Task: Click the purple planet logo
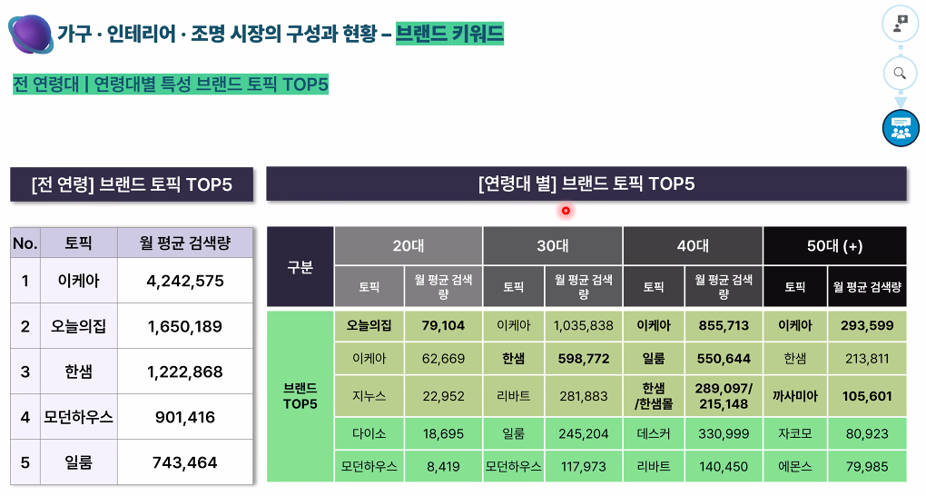coord(31,35)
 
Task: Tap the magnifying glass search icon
coord(900,74)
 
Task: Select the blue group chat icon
coord(900,127)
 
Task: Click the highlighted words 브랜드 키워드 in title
coord(449,35)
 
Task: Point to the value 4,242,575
coord(185,281)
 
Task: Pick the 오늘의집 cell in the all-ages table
coord(79,326)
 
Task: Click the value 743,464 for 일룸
coord(185,462)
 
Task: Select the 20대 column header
coord(408,245)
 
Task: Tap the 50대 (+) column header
coord(834,245)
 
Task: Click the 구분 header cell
coord(300,267)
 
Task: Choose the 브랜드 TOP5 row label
coord(300,396)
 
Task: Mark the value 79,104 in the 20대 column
coord(443,325)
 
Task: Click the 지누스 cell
coord(369,396)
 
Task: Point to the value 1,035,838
coord(583,325)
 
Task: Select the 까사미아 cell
coord(794,396)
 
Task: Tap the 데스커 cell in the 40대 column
coord(654,433)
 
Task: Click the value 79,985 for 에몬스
coord(866,467)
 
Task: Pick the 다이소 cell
coord(369,433)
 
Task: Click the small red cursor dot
coord(565,211)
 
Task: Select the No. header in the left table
coord(25,243)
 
